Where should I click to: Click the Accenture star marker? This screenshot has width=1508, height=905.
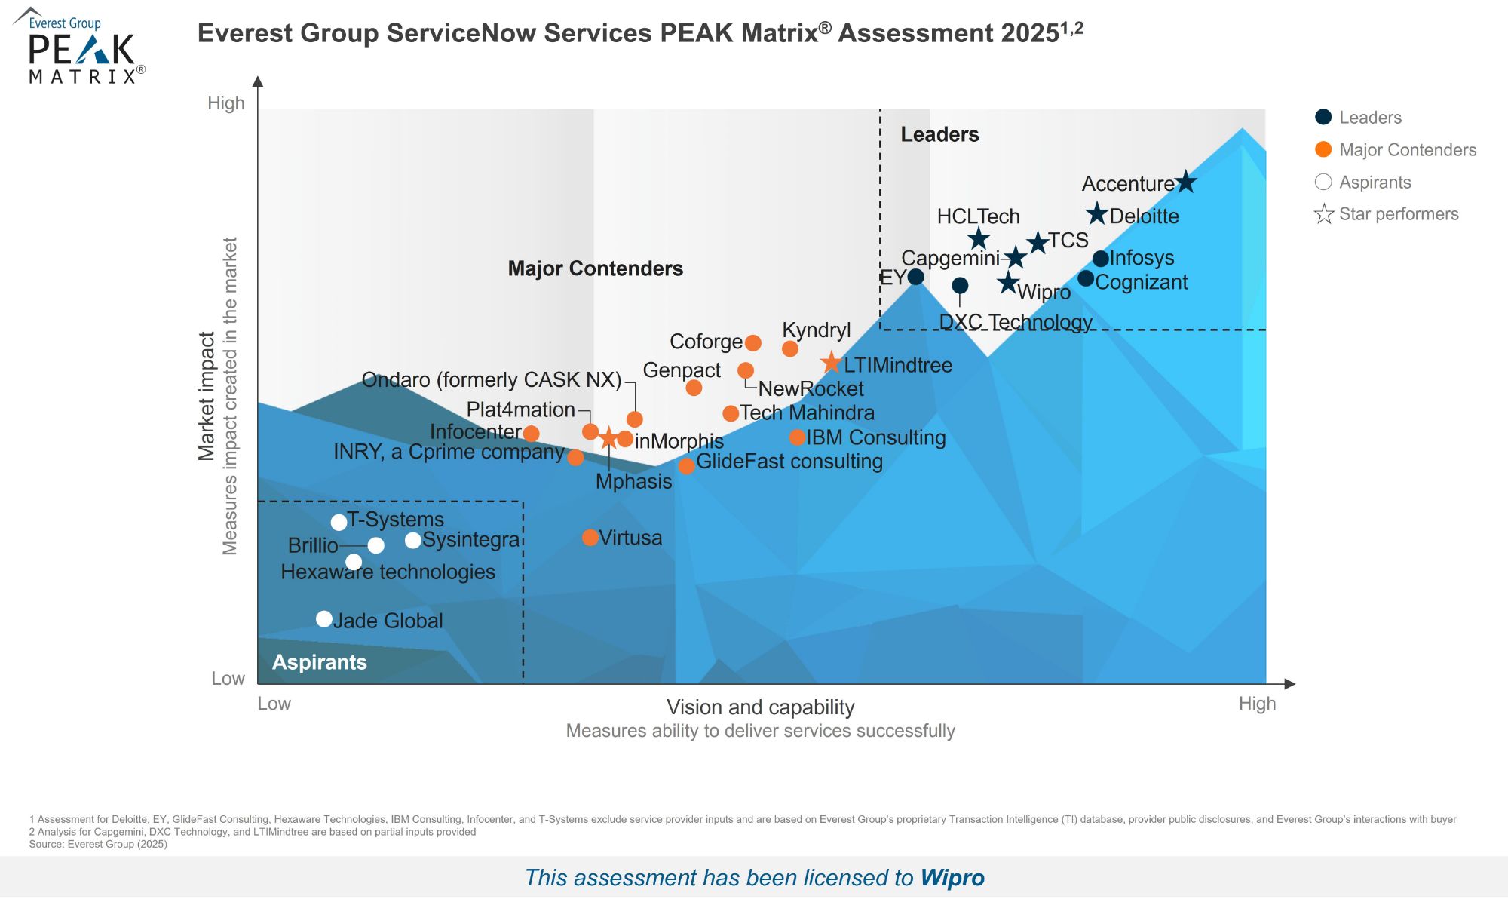pos(1186,182)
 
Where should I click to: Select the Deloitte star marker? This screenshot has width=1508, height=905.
pos(1097,214)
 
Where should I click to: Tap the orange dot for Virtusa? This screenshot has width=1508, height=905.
pos(590,538)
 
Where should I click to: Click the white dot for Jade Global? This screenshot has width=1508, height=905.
pos(324,619)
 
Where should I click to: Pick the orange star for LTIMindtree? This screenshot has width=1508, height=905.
pos(831,363)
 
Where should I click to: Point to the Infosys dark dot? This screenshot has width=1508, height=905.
pos(1100,259)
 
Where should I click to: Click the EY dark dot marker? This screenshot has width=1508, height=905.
pos(915,277)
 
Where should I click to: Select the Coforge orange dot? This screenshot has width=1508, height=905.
pos(752,343)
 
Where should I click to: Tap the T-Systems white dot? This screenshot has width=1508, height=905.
pos(339,522)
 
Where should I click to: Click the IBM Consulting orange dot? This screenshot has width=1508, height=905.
pos(797,437)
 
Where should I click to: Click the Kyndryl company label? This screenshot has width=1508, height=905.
pos(816,330)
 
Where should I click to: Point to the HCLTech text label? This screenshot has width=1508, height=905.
pos(978,216)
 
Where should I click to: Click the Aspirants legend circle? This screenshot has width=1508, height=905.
pos(1323,182)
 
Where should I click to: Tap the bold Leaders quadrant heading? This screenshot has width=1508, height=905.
pos(939,134)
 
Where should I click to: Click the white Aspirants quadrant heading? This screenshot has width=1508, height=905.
pos(319,662)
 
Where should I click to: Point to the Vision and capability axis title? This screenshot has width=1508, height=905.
pos(760,707)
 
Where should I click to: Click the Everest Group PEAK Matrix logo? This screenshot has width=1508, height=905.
pos(80,47)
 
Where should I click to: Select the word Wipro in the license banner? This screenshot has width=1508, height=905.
pos(952,878)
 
